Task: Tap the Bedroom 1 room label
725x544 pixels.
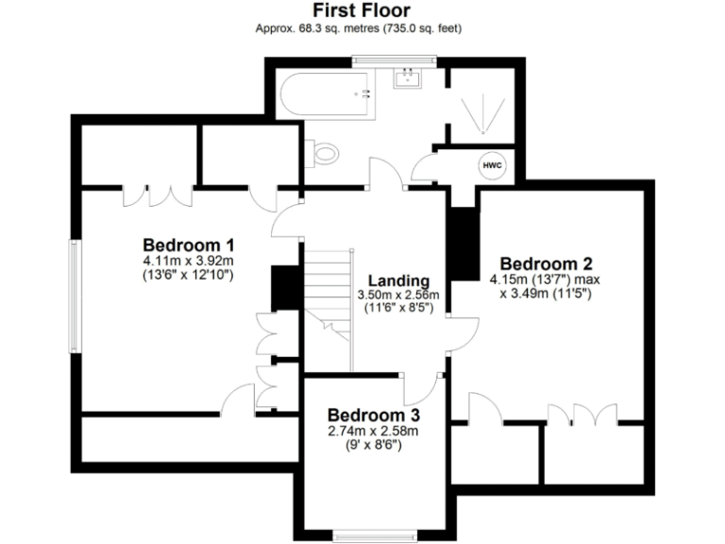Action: pos(189,243)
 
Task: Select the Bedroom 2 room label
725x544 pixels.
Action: pos(546,263)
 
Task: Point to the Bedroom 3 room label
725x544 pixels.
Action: pos(373,416)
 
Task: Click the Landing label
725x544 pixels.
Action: pos(398,280)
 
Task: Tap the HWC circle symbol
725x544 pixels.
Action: pos(493,166)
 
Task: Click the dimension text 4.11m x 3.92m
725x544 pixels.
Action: pos(189,260)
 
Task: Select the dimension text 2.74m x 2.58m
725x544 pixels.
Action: pos(373,432)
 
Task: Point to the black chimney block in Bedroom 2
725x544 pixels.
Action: pos(462,244)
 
